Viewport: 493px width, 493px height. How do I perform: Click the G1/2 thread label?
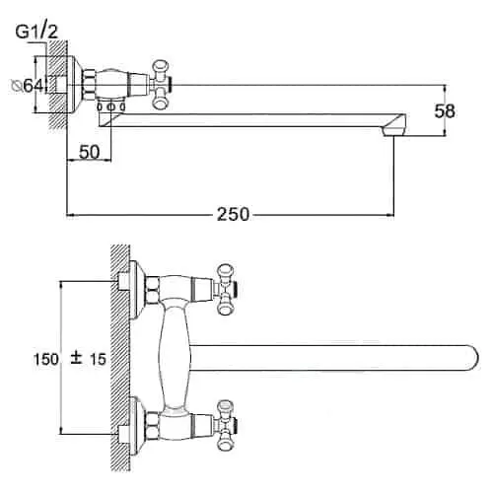pyautogui.click(x=36, y=32)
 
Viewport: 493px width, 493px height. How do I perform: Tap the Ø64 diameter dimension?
pyautogui.click(x=27, y=86)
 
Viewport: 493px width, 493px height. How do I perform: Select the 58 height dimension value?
pyautogui.click(x=445, y=111)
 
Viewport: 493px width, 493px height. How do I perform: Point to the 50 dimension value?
pyautogui.click(x=89, y=152)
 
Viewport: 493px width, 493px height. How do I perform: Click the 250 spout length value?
pyautogui.click(x=233, y=214)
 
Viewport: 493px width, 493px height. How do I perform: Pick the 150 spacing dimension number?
pyautogui.click(x=46, y=359)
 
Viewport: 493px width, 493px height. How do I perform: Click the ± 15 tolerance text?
pyautogui.click(x=89, y=359)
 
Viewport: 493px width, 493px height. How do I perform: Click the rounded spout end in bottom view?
pyautogui.click(x=471, y=358)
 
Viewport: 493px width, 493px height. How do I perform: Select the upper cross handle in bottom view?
pyautogui.click(x=226, y=290)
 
